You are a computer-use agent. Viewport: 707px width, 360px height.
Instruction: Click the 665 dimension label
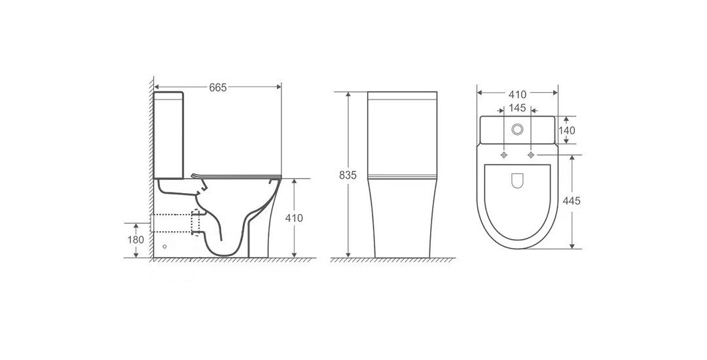tap(218, 88)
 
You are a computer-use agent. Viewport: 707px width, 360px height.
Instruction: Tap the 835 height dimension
tap(348, 175)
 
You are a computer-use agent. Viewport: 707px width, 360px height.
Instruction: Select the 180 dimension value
tap(136, 240)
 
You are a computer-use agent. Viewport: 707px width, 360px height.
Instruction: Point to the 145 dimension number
tap(517, 108)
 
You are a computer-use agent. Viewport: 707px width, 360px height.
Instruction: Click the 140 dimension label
tap(567, 131)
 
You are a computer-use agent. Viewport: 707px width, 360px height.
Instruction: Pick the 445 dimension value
tap(571, 201)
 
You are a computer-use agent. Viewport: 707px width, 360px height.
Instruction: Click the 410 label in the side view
tap(294, 218)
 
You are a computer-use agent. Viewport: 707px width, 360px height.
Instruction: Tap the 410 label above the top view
tap(517, 95)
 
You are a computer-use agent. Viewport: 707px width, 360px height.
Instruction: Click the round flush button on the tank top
tap(517, 130)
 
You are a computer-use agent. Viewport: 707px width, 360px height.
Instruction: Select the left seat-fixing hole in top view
tap(503, 155)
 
